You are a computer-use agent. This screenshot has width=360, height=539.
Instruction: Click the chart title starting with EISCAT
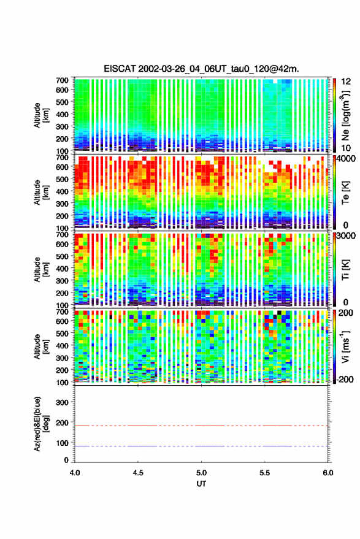(x=201, y=69)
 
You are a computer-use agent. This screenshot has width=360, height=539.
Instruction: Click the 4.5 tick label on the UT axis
(x=138, y=473)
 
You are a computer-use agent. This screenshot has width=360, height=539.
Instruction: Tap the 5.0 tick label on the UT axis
(x=202, y=473)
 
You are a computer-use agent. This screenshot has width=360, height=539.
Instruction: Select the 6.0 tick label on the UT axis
(x=328, y=473)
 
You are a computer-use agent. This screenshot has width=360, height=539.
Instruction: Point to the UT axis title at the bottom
(x=201, y=484)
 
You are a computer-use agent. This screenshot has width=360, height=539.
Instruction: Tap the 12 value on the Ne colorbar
(x=345, y=82)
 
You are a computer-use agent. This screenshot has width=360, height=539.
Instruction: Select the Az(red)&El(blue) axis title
(x=41, y=424)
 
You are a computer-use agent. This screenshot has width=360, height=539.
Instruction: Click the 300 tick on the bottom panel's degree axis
(x=62, y=402)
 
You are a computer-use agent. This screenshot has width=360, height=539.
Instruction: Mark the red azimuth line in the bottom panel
(x=201, y=426)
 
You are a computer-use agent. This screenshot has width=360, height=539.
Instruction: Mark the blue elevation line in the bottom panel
(x=201, y=446)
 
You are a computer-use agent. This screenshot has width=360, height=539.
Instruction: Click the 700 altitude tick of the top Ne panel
(x=62, y=80)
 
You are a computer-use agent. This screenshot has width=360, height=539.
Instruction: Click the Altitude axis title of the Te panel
(x=41, y=192)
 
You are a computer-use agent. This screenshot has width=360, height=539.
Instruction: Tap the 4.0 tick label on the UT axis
(x=75, y=473)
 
